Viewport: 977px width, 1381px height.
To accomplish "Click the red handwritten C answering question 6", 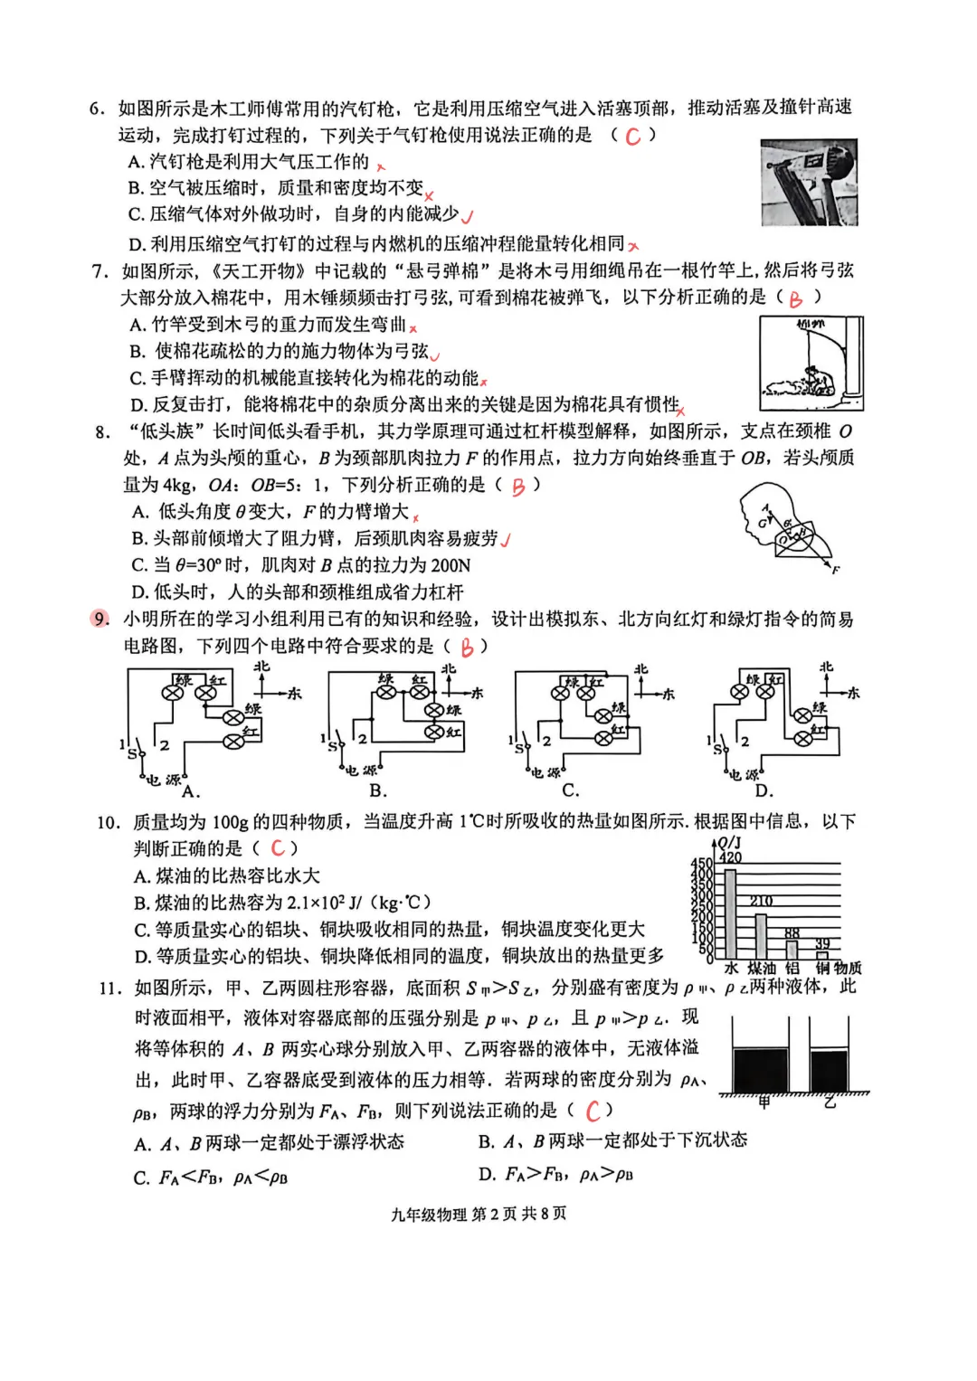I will (632, 137).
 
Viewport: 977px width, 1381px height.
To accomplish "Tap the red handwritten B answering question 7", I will (795, 299).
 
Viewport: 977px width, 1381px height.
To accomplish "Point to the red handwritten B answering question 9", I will (467, 648).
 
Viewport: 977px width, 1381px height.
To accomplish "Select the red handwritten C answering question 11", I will (593, 1111).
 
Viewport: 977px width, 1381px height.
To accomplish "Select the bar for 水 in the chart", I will (730, 913).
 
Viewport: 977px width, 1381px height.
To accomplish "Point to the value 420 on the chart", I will (730, 857).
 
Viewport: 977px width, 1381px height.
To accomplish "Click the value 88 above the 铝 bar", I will (792, 933).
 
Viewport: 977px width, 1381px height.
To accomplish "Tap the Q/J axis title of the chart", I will (729, 843).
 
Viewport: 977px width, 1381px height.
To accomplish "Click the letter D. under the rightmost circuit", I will (764, 791).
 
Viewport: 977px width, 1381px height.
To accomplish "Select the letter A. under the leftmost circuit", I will (190, 792).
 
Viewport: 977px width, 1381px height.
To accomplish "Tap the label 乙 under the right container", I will (830, 1102).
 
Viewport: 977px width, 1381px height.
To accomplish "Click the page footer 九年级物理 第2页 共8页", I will (479, 1214).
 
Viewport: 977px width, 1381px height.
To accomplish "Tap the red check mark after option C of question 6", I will (467, 216).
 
